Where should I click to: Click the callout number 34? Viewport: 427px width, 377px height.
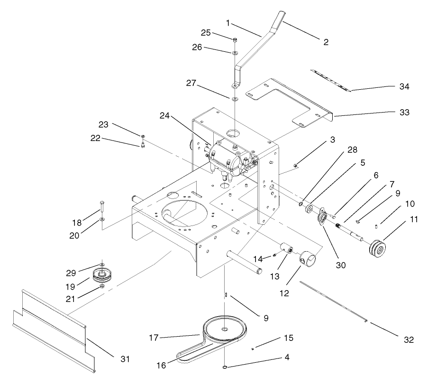pyautogui.click(x=404, y=86)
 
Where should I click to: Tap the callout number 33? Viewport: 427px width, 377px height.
pyautogui.click(x=404, y=113)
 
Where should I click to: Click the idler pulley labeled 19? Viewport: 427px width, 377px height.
pyautogui.click(x=101, y=274)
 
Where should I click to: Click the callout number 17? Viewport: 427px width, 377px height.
pyautogui.click(x=153, y=338)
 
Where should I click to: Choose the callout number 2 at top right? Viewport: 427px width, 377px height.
pyautogui.click(x=325, y=42)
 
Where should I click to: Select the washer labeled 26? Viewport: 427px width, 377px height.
pyautogui.click(x=235, y=53)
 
